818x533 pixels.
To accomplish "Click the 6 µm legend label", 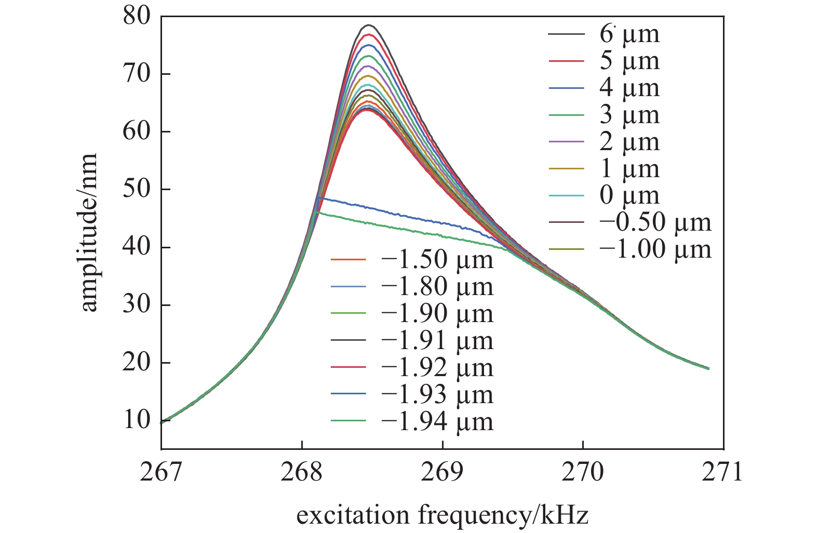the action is [629, 34].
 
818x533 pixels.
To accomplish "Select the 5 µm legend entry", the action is [629, 61].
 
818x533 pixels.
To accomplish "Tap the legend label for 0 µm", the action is [629, 196].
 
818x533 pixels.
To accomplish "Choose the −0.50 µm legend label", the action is [655, 223].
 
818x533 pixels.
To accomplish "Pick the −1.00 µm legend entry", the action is [655, 250].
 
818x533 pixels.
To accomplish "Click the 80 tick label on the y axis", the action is [136, 17].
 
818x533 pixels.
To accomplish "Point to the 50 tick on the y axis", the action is [136, 189].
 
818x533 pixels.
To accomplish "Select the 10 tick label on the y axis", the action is [136, 420].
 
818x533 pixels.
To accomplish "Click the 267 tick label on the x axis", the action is [160, 472].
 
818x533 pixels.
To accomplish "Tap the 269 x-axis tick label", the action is [442, 472].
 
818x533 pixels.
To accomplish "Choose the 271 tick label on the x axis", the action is [722, 472].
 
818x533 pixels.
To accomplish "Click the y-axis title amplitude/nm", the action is [89, 232].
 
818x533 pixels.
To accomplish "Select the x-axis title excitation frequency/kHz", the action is [442, 515].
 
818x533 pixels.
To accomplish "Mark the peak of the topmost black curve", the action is [369, 25].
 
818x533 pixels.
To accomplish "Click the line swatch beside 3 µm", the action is [566, 115].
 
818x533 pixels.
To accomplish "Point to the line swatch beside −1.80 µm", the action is [348, 287].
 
